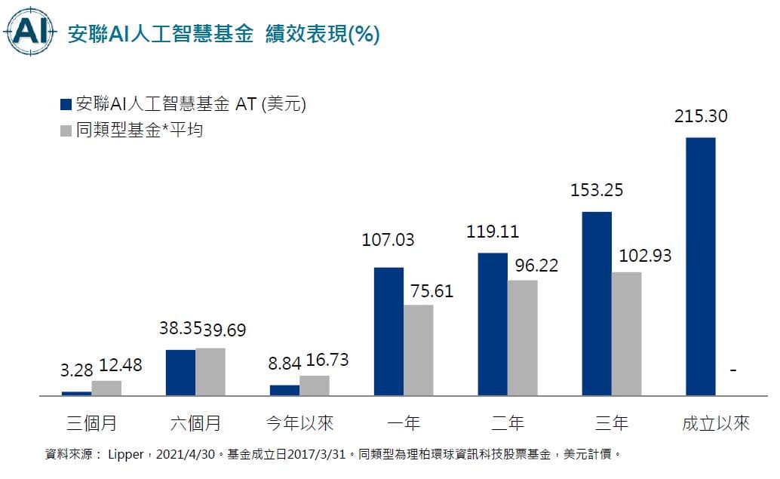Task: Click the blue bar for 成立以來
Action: [701, 266]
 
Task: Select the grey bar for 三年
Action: [626, 333]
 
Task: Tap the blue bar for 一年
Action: [388, 331]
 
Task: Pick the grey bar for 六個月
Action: [210, 371]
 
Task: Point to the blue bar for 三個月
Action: [76, 393]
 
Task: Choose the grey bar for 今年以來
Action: [315, 385]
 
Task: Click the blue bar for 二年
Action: [493, 324]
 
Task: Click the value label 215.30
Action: [701, 117]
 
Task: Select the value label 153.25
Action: [597, 190]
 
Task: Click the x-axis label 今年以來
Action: [299, 422]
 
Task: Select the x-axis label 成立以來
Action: [715, 422]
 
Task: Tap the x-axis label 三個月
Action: [91, 422]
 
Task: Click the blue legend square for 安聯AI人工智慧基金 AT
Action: [65, 105]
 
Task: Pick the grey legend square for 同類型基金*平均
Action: [65, 130]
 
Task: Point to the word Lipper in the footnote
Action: [130, 455]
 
